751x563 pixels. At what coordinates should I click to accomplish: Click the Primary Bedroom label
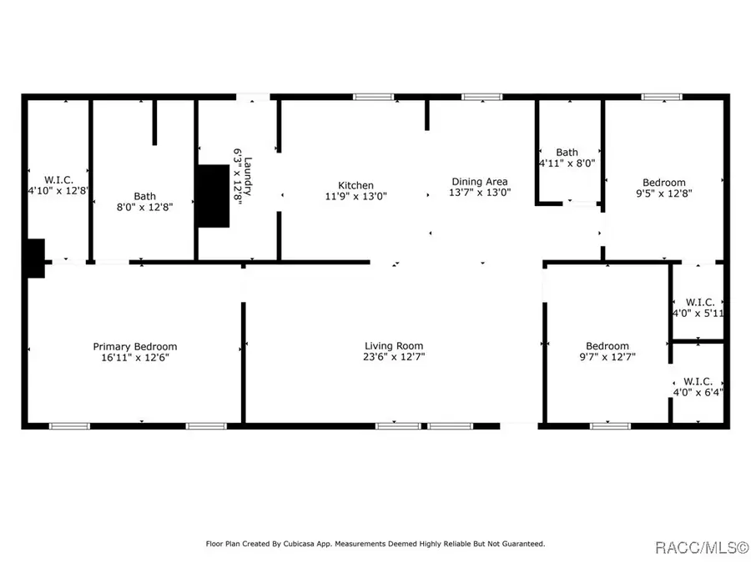134,347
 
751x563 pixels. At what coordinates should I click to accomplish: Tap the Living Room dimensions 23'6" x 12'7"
393,358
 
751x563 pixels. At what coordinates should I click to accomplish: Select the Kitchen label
355,185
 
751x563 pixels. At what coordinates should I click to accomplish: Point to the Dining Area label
479,182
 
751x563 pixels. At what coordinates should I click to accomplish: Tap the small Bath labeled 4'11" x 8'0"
567,152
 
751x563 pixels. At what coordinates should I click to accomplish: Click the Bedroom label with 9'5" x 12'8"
663,183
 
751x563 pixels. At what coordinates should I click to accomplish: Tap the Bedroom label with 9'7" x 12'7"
607,346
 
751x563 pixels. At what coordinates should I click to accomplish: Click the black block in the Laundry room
212,195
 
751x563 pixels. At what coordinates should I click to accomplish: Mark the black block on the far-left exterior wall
33,258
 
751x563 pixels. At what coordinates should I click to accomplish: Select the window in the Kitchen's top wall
373,97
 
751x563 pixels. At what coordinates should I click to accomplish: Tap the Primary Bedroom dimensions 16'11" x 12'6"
134,358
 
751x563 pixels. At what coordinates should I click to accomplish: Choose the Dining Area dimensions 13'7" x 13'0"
479,193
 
